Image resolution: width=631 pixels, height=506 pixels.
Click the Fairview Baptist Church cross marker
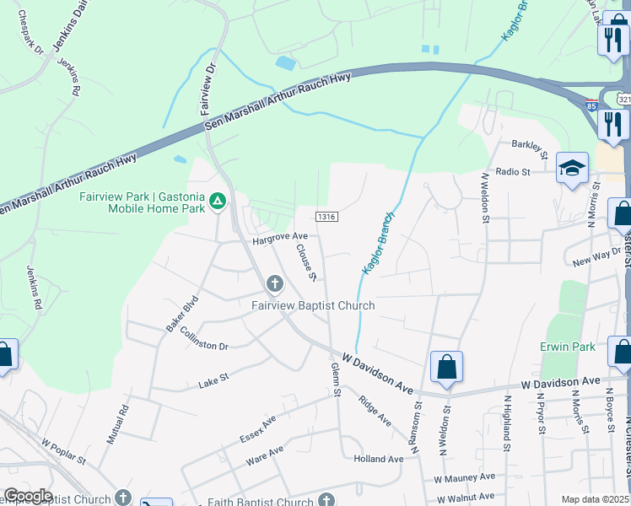click(274, 283)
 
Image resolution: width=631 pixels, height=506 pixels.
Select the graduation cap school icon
click(571, 169)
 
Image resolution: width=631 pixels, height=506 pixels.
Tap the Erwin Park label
click(568, 347)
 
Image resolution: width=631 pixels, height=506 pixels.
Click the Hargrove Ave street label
click(276, 239)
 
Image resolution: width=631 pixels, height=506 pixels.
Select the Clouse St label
click(305, 261)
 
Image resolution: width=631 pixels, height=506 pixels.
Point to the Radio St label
click(512, 171)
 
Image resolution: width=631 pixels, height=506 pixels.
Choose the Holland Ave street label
click(379, 459)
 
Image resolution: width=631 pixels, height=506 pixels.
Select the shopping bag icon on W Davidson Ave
click(446, 367)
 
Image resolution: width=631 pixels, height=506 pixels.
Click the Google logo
click(28, 495)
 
